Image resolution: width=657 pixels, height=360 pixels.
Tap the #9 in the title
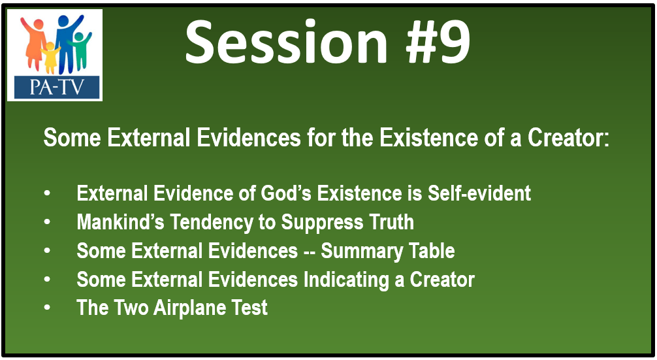click(x=438, y=42)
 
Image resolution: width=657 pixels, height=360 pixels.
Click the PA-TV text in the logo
click(x=57, y=87)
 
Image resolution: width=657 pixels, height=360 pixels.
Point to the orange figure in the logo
click(x=34, y=43)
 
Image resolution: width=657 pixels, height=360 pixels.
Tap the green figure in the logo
click(x=80, y=50)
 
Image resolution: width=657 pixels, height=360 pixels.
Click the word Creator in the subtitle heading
click(x=568, y=138)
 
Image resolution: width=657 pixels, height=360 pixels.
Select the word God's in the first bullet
click(x=286, y=193)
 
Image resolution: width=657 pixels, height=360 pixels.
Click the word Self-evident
click(x=479, y=193)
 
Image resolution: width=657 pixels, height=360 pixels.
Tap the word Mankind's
click(x=120, y=222)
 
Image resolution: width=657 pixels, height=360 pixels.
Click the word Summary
click(x=362, y=251)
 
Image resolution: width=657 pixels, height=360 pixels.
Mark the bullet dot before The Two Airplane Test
click(x=47, y=308)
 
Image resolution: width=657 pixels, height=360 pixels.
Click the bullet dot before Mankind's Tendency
click(x=47, y=222)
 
